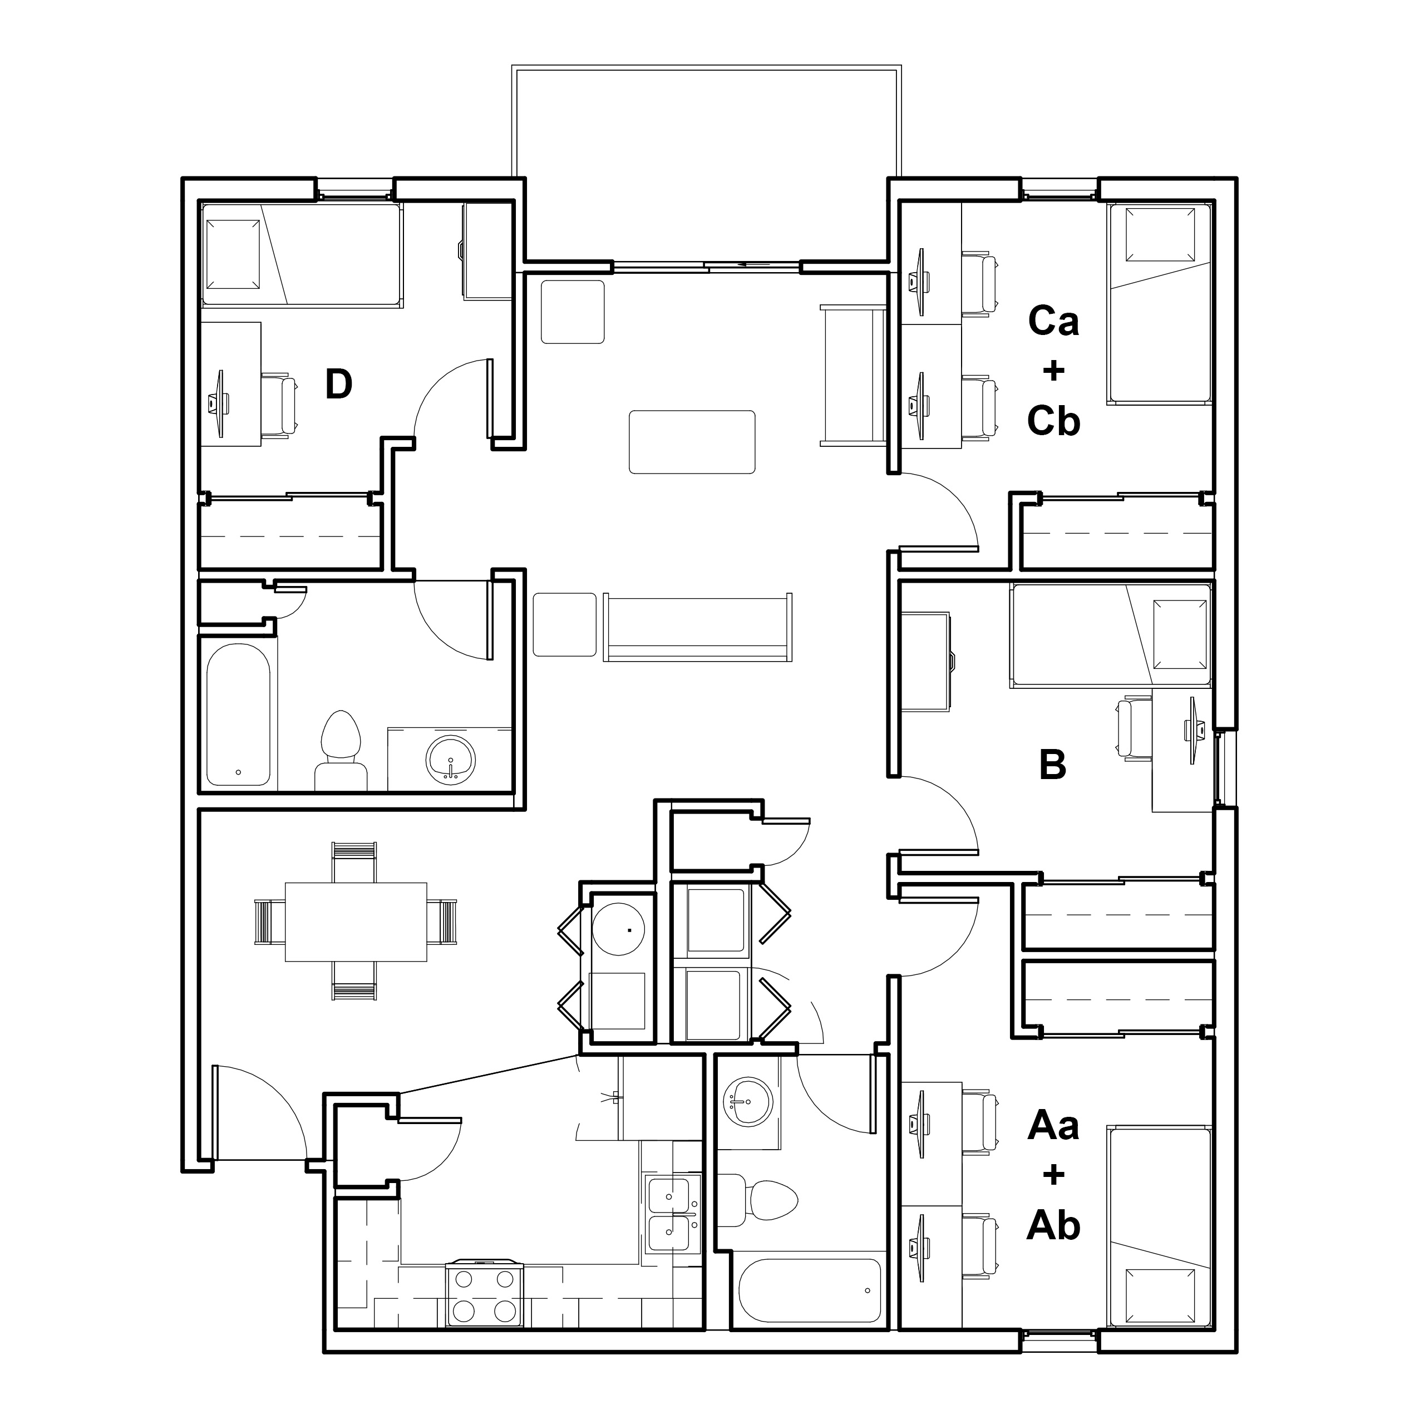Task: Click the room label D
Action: (x=338, y=383)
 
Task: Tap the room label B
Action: (x=1052, y=765)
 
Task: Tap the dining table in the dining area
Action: (x=356, y=922)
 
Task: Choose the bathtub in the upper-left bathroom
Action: (x=238, y=715)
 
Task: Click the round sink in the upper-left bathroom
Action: (x=450, y=758)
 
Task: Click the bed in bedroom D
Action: (x=302, y=255)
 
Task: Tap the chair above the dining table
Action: (x=355, y=863)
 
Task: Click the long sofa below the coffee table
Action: (x=698, y=627)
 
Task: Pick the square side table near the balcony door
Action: (x=573, y=312)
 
